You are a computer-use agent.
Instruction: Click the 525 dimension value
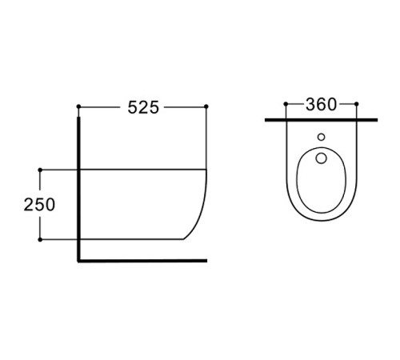143,107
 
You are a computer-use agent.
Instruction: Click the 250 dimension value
39,205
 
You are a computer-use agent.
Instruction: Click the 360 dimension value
321,104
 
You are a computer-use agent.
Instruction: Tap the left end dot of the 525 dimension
78,106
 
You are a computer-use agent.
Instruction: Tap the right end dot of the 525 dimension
206,106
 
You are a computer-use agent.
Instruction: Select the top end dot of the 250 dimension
40,170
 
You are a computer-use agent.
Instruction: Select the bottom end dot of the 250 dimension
40,240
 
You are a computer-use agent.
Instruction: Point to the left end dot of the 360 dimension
286,104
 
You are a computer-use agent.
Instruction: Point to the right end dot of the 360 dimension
357,104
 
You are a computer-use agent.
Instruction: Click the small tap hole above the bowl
322,137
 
